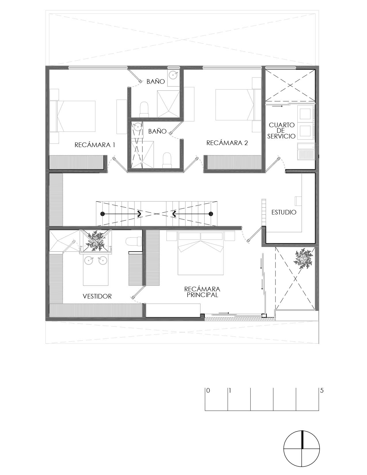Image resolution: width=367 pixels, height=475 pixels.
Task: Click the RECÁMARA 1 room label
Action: coord(95,145)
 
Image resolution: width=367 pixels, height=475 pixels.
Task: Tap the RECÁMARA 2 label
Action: coord(227,143)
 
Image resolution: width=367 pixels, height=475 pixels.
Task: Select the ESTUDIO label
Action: coord(284,212)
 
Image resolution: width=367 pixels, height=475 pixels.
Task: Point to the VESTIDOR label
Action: coord(97,297)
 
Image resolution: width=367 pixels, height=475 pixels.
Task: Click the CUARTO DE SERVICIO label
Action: coord(282,131)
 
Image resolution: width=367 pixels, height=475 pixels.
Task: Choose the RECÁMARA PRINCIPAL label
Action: coord(202,292)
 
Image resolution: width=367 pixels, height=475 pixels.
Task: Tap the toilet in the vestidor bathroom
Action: coord(134,241)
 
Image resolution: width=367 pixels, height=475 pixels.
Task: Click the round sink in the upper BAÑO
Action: coord(174,75)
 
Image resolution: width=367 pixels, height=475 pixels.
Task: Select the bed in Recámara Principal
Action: coord(201,254)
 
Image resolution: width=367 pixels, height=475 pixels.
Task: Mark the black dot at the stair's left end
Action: coord(102,214)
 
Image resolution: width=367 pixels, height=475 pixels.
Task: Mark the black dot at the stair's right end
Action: coord(211,214)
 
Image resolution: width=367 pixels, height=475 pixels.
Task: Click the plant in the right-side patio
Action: coord(303,259)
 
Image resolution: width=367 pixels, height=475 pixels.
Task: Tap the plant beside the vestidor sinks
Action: coord(95,240)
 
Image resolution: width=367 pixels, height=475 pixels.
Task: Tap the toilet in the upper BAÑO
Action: coord(144,109)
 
